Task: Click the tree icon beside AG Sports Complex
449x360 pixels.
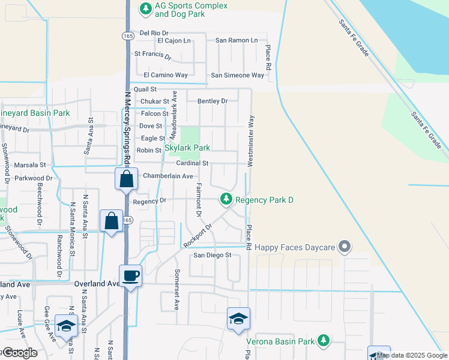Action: (145, 8)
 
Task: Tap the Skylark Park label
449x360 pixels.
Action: (187, 148)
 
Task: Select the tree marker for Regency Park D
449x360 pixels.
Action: (226, 198)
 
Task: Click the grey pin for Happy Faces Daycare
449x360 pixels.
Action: (345, 246)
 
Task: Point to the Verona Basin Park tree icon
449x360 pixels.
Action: (324, 341)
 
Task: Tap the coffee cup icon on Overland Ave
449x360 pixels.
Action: (131, 275)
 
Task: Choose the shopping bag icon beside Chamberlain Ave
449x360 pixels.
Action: (126, 179)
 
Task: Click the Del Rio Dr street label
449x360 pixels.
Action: (154, 33)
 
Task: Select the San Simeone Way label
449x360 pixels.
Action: (237, 76)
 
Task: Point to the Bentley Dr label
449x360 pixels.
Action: (212, 101)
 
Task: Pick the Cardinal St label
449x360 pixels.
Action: (192, 163)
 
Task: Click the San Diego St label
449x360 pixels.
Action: (211, 256)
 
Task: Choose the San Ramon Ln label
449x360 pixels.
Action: (237, 40)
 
